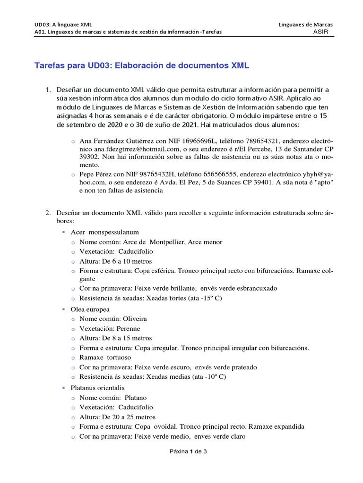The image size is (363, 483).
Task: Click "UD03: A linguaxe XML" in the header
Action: (63, 25)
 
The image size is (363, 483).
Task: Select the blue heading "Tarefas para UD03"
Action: (142, 66)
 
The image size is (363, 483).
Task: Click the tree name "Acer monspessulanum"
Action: (104, 232)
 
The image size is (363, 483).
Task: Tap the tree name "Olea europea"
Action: (90, 309)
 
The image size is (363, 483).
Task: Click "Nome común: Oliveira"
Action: (113, 319)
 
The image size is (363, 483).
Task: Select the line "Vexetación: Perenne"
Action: (110, 329)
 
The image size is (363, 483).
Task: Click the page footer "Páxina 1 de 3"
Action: (189, 451)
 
